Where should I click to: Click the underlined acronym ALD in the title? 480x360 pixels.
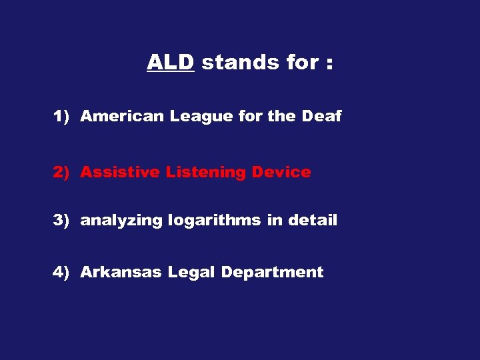click(170, 63)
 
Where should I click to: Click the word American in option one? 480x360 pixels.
click(123, 117)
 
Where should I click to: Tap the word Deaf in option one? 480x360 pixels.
click(321, 117)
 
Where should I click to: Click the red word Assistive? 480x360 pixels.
click(120, 173)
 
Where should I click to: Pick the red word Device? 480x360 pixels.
click(281, 173)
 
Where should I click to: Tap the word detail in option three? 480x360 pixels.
click(313, 221)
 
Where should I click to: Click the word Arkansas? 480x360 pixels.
click(121, 272)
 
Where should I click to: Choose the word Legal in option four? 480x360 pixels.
click(192, 273)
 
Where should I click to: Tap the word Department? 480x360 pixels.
click(272, 273)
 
